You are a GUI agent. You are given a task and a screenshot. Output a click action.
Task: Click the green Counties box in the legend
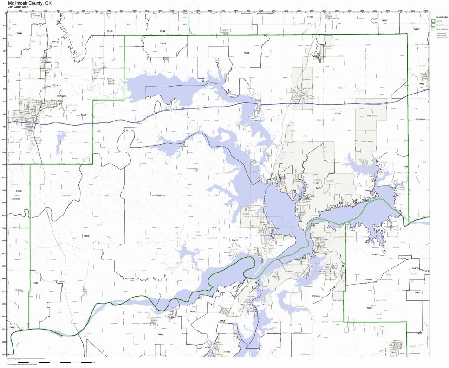click(433, 21)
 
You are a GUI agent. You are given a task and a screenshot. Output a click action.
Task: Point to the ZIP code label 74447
click(19, 33)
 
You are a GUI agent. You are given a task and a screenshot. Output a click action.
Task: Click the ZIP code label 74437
click(83, 115)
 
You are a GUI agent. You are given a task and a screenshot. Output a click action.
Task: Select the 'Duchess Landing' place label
click(367, 142)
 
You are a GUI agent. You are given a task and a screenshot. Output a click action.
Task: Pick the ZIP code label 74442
click(160, 334)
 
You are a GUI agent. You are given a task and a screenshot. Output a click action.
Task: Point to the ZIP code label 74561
click(369, 307)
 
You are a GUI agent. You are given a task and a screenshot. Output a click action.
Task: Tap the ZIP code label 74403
click(416, 29)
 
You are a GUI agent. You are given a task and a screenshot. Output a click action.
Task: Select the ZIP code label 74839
click(35, 282)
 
